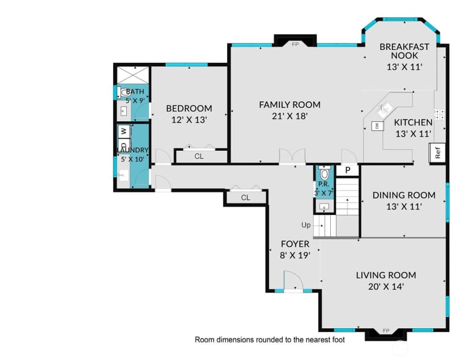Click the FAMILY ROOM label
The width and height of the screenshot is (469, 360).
pyautogui.click(x=289, y=105)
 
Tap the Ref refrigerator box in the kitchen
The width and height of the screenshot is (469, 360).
pyautogui.click(x=437, y=153)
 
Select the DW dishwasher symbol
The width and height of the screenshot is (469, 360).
pyautogui.click(x=377, y=126)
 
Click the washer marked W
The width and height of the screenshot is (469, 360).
pyautogui.click(x=124, y=131)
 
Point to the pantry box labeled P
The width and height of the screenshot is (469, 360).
pyautogui.click(x=348, y=170)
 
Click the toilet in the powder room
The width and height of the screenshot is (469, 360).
pyautogui.click(x=324, y=173)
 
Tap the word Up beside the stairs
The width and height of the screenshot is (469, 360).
pyautogui.click(x=306, y=225)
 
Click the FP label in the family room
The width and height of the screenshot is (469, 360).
pyautogui.click(x=295, y=45)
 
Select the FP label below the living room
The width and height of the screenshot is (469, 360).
pyautogui.click(x=386, y=331)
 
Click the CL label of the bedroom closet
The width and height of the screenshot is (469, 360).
pyautogui.click(x=199, y=156)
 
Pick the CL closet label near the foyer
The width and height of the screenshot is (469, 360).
pyautogui.click(x=246, y=197)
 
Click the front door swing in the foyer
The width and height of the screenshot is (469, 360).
pyautogui.click(x=289, y=281)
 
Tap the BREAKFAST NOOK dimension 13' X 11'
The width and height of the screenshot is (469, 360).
pyautogui.click(x=404, y=67)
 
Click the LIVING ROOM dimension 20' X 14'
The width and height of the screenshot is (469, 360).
pyautogui.click(x=386, y=287)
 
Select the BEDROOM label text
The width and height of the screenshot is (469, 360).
pyautogui.click(x=189, y=108)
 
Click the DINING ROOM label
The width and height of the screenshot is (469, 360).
pyautogui.click(x=404, y=195)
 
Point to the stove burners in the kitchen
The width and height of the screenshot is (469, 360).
pyautogui.click(x=439, y=114)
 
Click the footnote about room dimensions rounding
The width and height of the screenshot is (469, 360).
pyautogui.click(x=270, y=340)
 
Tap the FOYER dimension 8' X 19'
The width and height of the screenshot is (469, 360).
pyautogui.click(x=295, y=255)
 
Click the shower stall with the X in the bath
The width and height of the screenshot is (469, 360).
pyautogui.click(x=133, y=75)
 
